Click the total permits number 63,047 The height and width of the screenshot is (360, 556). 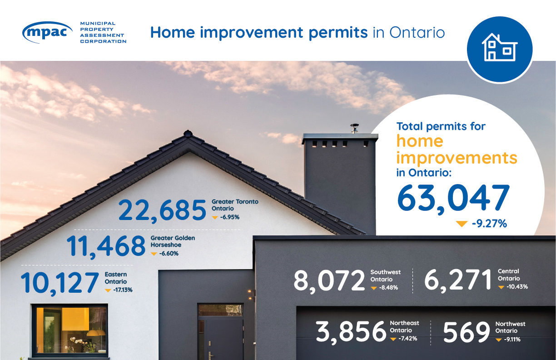[453, 199]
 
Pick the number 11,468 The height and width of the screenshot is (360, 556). [106, 246]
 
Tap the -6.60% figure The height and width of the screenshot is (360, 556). [169, 253]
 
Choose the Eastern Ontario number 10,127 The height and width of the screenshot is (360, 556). [60, 282]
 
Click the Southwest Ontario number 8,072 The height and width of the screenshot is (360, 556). [329, 280]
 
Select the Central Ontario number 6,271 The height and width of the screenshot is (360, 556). [458, 280]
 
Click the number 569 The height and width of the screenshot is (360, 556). [466, 333]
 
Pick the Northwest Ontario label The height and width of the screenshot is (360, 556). [510, 327]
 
